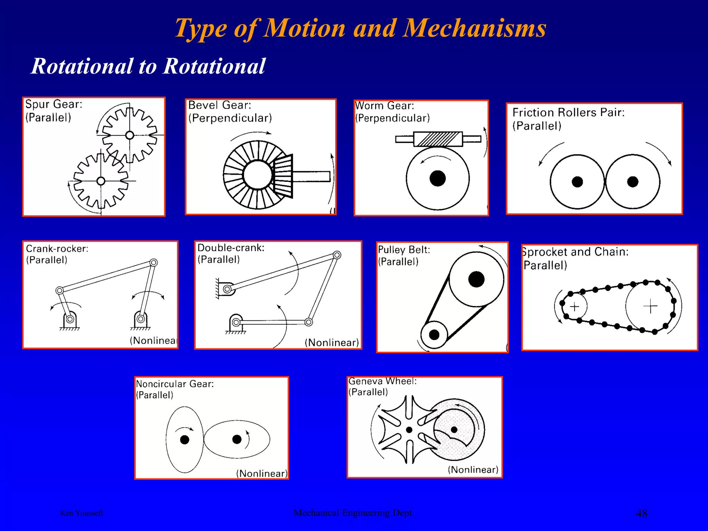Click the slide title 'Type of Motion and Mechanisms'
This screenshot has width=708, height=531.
(x=360, y=28)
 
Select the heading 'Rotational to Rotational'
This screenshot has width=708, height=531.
(x=148, y=66)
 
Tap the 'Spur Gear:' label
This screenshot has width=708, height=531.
(x=54, y=104)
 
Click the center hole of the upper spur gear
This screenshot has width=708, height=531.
(x=130, y=135)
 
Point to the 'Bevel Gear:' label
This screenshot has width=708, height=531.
(x=220, y=105)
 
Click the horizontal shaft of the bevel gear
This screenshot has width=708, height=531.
(x=311, y=177)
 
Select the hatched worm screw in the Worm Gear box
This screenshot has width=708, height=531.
(x=438, y=139)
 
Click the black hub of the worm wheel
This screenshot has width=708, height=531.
(x=438, y=178)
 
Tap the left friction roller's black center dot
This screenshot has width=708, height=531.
(x=577, y=181)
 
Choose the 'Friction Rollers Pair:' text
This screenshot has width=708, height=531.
(x=568, y=113)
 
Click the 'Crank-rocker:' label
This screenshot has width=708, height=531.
(x=57, y=249)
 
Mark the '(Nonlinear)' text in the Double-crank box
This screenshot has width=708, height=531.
(x=332, y=343)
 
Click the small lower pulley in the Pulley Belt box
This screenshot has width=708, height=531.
(x=434, y=335)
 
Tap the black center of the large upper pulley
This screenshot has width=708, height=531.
(x=476, y=279)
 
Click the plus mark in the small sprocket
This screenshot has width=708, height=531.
(x=575, y=307)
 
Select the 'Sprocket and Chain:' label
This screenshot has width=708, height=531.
(x=575, y=252)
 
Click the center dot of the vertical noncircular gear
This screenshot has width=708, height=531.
(x=185, y=440)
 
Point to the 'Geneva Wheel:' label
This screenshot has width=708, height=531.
(x=382, y=381)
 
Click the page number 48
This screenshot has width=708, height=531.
(x=642, y=513)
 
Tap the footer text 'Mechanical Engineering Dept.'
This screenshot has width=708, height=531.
(x=354, y=513)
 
